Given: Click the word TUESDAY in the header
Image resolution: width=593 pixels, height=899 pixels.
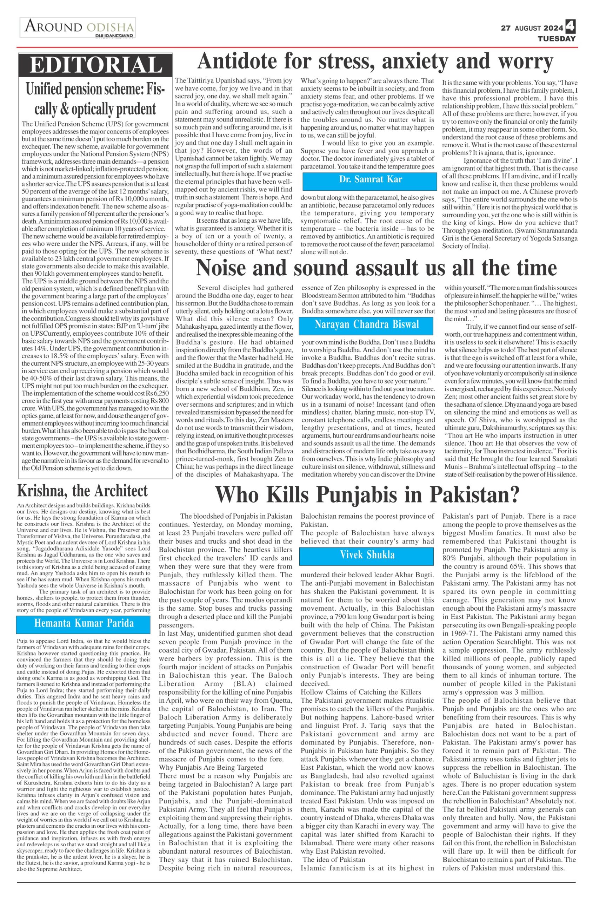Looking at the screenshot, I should click(557, 39).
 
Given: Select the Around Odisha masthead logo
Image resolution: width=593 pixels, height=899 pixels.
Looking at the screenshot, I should click(78, 28).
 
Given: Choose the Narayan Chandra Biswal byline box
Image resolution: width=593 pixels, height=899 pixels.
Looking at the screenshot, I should click(366, 324).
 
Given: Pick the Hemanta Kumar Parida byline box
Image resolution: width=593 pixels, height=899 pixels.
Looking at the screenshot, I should click(84, 623).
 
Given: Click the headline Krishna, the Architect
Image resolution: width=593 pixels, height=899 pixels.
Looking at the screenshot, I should click(82, 491).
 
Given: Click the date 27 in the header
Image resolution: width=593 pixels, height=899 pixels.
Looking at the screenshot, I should click(506, 28).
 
